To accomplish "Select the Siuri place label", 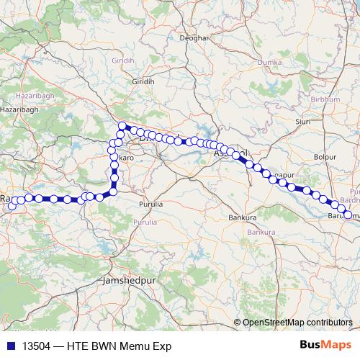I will tap(302, 122).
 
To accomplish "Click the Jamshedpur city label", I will tap(128, 278).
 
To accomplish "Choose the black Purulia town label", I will tap(150, 204).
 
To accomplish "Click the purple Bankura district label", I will tap(260, 233).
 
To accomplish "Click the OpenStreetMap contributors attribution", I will tap(297, 322).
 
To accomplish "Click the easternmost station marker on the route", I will tap(348, 215).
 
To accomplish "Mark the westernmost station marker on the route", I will tap(12, 207).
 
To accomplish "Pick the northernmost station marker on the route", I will tap(122, 126).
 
